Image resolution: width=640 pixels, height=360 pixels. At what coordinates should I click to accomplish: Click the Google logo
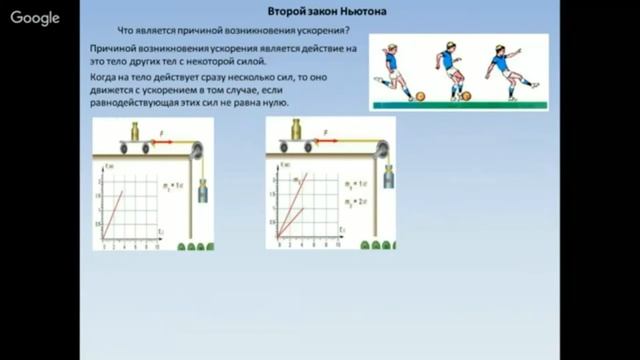coord(35,18)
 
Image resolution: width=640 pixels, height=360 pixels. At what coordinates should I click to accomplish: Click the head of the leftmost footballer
coord(391,46)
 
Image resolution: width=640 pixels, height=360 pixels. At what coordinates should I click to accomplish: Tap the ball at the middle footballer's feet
coord(466,96)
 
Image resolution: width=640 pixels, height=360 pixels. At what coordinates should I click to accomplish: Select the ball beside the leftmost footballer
coord(419,97)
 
